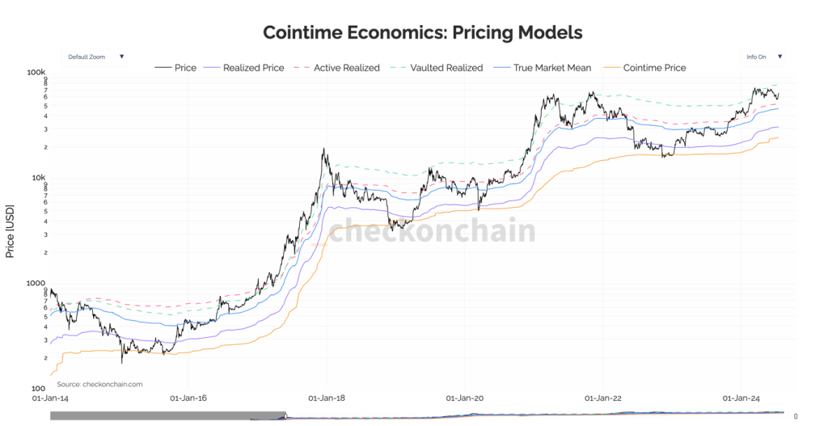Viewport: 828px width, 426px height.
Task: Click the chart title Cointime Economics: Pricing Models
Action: coord(423,32)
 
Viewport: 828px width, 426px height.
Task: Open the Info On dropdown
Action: coord(764,57)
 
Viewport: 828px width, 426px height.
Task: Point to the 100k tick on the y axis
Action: coord(37,72)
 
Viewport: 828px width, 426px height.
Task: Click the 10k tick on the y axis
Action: coord(40,178)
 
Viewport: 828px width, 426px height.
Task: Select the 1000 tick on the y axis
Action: coord(39,283)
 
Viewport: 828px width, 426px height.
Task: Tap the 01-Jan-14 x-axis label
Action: coord(50,398)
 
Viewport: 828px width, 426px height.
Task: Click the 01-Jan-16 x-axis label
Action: coord(188,398)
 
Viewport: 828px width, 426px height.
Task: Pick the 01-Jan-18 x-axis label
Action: coord(326,398)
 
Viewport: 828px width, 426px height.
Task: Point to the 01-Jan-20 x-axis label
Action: coord(465,398)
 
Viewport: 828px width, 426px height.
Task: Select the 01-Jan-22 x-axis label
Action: coord(603,398)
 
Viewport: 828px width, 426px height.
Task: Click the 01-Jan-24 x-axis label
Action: coord(741,398)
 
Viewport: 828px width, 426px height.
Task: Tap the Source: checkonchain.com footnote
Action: coord(99,384)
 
